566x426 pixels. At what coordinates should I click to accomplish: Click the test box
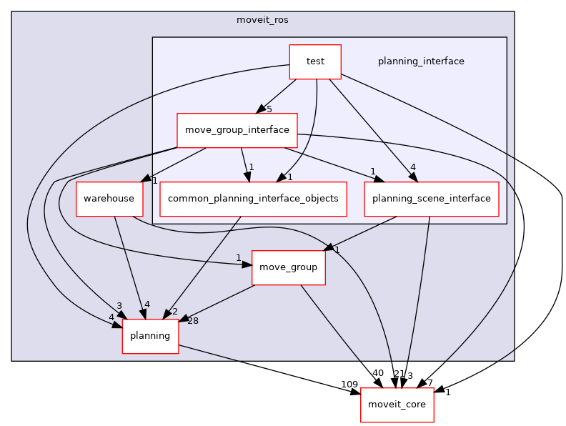click(315, 61)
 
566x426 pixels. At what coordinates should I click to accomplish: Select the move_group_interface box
click(237, 130)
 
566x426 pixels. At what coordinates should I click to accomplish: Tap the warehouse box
click(109, 198)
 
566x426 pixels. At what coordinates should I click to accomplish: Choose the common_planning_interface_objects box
click(253, 198)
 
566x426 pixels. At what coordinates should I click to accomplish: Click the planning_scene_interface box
click(431, 198)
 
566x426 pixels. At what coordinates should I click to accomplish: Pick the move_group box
click(288, 267)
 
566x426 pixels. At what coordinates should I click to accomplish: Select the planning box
click(150, 336)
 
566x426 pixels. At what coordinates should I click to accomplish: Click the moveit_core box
click(397, 405)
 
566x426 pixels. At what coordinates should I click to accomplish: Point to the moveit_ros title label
click(262, 19)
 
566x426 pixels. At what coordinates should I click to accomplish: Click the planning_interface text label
click(421, 61)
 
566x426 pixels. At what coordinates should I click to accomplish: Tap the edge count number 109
click(349, 385)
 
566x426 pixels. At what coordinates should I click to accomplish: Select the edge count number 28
click(193, 321)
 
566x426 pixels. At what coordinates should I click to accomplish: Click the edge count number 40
click(377, 373)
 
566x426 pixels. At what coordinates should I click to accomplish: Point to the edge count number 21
click(399, 374)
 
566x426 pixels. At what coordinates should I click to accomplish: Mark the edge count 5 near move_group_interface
click(269, 109)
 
